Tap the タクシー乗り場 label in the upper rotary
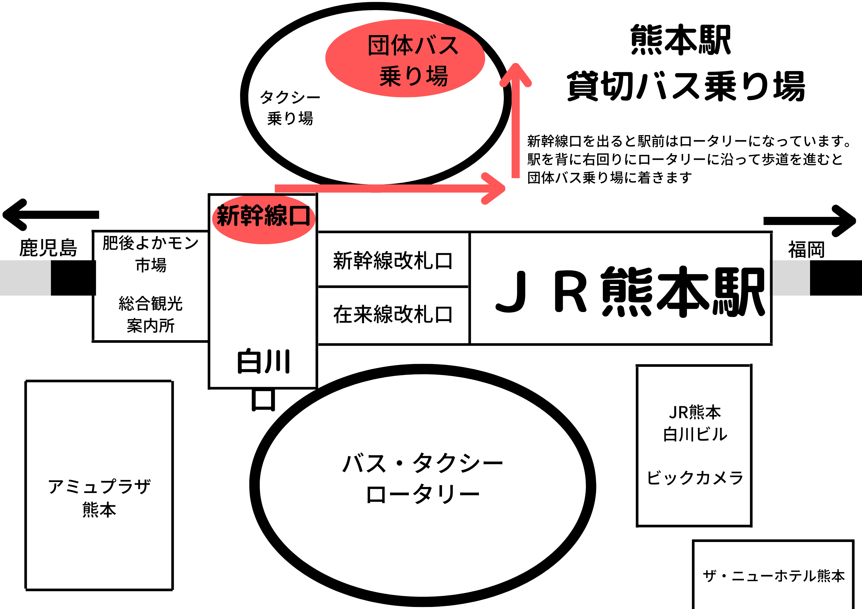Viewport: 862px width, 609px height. (290, 108)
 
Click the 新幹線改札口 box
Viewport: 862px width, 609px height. (393, 260)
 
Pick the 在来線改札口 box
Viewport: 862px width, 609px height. (393, 314)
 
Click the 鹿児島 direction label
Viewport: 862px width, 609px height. (48, 248)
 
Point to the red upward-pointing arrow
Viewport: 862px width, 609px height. (515, 120)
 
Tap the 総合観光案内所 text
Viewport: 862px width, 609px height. (151, 314)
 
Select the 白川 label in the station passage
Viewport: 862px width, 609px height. (264, 362)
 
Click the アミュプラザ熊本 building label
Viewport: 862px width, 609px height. (99, 498)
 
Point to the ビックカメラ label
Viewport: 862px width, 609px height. (695, 478)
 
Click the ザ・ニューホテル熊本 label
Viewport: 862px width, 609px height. (773, 576)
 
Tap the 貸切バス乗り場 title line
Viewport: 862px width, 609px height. (686, 86)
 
